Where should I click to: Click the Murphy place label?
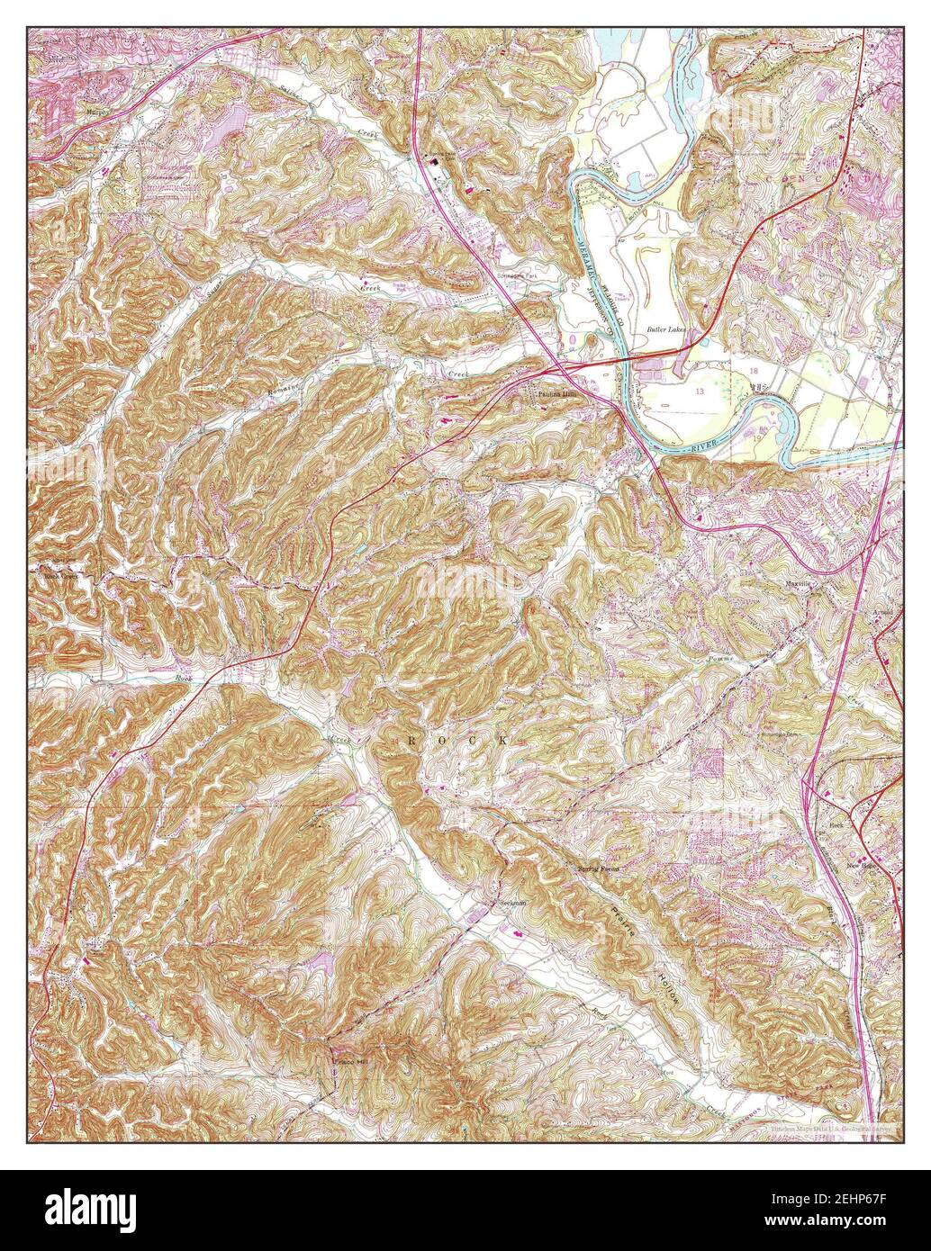(95, 112)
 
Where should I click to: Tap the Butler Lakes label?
(666, 330)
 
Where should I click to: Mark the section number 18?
(753, 370)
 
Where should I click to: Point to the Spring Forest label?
(598, 869)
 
